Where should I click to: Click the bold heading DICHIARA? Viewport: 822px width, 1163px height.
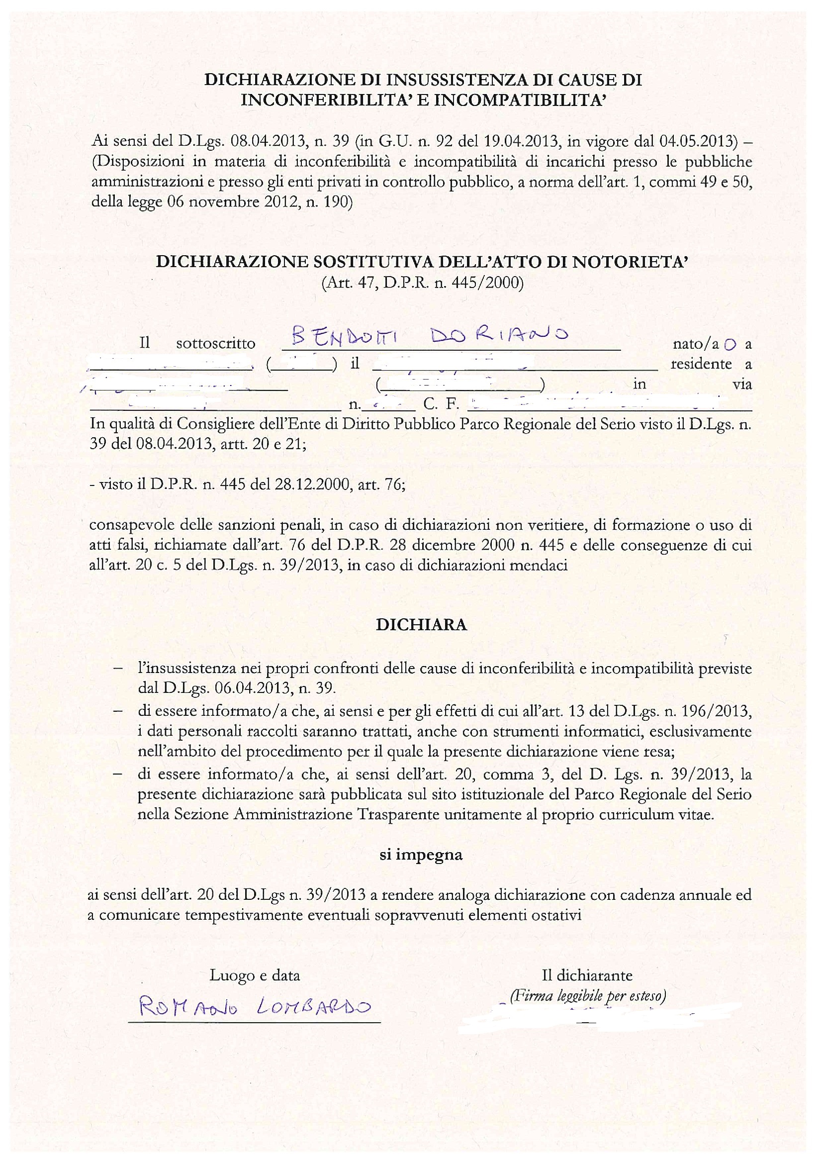[x=421, y=625]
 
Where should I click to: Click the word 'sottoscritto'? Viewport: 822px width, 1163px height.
[x=215, y=344]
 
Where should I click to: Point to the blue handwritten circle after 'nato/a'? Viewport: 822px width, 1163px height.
[x=730, y=344]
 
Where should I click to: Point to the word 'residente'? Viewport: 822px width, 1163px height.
[x=701, y=364]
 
